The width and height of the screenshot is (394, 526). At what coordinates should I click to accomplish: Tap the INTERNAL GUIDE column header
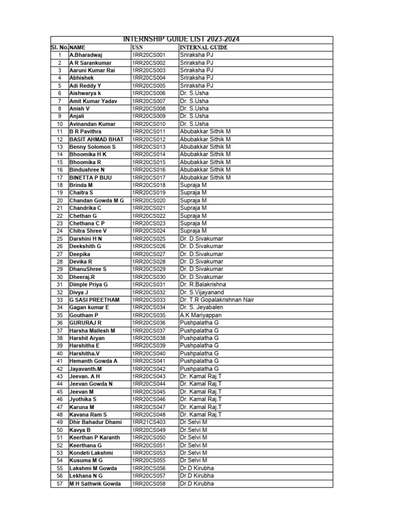click(203, 47)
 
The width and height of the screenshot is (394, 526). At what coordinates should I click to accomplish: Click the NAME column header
click(77, 47)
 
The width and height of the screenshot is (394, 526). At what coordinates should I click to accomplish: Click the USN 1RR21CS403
click(149, 422)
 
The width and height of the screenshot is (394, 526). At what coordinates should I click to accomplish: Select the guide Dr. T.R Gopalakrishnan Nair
click(217, 300)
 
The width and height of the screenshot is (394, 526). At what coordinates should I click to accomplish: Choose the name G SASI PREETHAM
click(94, 300)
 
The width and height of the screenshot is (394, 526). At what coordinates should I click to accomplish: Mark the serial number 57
click(60, 483)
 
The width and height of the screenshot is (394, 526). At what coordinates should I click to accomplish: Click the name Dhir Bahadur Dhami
click(95, 422)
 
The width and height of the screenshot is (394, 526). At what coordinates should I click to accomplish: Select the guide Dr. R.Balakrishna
click(203, 285)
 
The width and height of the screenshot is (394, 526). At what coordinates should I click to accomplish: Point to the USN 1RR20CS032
click(149, 292)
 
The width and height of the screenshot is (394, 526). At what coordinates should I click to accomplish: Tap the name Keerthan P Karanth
click(95, 438)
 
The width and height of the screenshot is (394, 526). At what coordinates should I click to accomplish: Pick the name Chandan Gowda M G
click(96, 200)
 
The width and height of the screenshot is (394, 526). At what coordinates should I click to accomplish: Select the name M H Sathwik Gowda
click(95, 483)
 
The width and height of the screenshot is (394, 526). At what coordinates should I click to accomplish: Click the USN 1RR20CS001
click(149, 55)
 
